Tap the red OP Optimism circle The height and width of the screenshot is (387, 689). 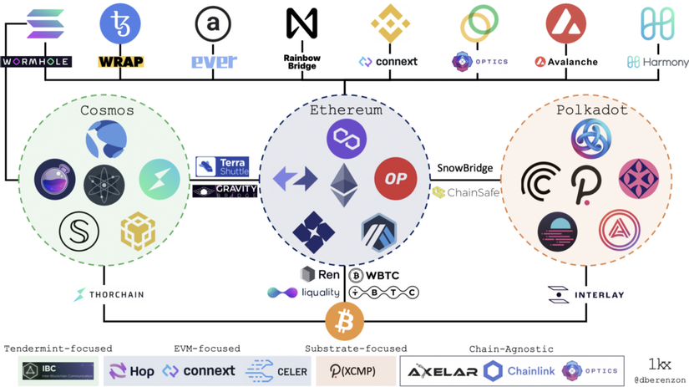click(x=396, y=179)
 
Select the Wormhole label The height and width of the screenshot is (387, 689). click(x=36, y=62)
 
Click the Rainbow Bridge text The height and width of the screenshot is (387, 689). click(x=302, y=62)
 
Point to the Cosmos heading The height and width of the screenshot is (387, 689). click(x=107, y=109)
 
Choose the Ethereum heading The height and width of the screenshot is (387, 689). click(x=346, y=109)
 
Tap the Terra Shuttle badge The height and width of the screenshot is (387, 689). click(x=222, y=166)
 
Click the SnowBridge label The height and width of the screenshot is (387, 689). click(x=465, y=168)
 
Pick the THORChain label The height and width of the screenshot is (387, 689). click(x=109, y=294)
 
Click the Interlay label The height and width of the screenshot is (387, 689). click(x=586, y=294)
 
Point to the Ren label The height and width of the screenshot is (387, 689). click(x=320, y=274)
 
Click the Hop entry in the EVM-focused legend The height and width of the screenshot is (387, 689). click(x=132, y=370)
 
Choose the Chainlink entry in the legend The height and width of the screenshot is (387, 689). click(x=518, y=370)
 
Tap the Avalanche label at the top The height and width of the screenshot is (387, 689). click(x=566, y=62)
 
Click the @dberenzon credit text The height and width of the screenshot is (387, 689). click(x=660, y=379)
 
